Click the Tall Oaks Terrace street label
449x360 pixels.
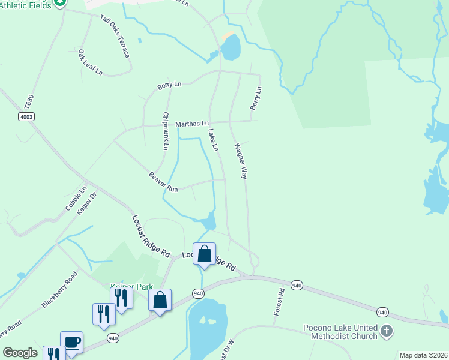[x=115, y=35]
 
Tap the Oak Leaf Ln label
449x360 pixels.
[x=90, y=62]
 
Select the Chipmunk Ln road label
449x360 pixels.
[x=166, y=130]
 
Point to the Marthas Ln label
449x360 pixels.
[x=191, y=124]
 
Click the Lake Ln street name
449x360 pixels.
[x=212, y=139]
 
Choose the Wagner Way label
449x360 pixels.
[x=241, y=160]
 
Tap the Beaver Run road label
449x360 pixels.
[x=164, y=182]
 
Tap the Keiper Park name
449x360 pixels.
[x=132, y=287]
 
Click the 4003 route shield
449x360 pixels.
[x=26, y=116]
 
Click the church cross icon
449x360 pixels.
[x=387, y=330]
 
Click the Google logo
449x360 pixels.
[x=20, y=353]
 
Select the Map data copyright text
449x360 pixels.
[x=423, y=355]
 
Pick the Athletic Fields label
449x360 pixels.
[x=25, y=5]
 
